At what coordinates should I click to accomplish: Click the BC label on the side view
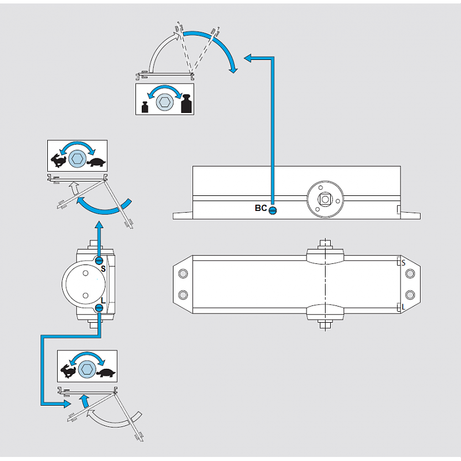click(260, 208)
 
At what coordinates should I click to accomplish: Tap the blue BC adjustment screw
click(273, 210)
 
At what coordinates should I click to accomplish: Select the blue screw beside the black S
click(99, 260)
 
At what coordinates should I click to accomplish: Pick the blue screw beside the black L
click(99, 308)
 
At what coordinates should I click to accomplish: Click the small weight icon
click(145, 107)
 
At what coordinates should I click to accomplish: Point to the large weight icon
click(186, 104)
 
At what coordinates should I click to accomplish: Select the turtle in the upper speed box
click(96, 161)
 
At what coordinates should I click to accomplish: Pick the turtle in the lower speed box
click(105, 372)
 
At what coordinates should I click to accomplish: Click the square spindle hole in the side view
click(325, 200)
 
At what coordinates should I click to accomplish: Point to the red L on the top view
click(403, 308)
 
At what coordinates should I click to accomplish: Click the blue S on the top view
click(403, 263)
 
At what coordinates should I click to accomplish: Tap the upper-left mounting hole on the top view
click(183, 273)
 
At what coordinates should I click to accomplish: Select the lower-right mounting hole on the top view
click(410, 295)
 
